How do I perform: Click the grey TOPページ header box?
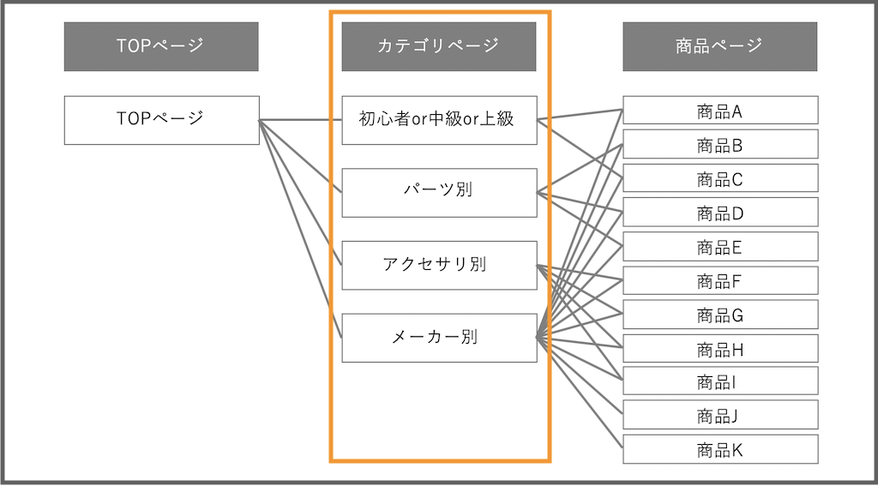pyautogui.click(x=161, y=46)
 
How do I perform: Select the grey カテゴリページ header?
pyautogui.click(x=439, y=46)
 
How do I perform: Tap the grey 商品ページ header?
pyautogui.click(x=719, y=46)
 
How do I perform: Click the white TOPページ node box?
pyautogui.click(x=161, y=120)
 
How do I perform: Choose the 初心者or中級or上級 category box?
pyautogui.click(x=439, y=120)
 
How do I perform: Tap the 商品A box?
pyautogui.click(x=719, y=111)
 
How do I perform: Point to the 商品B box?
pyautogui.click(x=719, y=145)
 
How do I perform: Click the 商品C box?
pyautogui.click(x=719, y=178)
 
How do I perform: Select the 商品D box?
pyautogui.click(x=719, y=213)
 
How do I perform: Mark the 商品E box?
pyautogui.click(x=719, y=247)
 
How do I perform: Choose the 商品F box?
pyautogui.click(x=719, y=280)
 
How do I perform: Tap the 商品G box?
pyautogui.click(x=719, y=315)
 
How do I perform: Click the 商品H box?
pyautogui.click(x=719, y=349)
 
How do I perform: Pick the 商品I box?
pyautogui.click(x=719, y=381)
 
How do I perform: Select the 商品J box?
pyautogui.click(x=719, y=416)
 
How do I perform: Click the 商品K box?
pyautogui.click(x=719, y=449)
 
